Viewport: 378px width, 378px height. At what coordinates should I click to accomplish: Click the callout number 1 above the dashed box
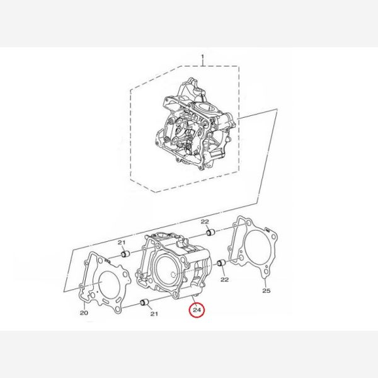point(202,57)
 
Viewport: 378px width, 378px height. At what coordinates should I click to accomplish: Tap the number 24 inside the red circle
point(197,310)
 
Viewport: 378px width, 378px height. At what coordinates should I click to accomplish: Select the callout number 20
point(84,313)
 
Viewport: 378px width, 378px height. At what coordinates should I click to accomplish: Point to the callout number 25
point(266,290)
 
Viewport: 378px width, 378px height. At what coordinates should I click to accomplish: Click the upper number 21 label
point(122,243)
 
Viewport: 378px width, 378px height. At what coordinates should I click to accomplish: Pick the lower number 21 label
point(154,314)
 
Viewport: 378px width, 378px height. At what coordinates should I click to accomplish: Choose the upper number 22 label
point(205,222)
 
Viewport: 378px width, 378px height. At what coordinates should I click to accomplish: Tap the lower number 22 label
point(224,279)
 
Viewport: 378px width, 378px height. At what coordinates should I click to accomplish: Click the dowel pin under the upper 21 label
point(125,254)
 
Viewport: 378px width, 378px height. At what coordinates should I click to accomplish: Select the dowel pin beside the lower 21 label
point(145,302)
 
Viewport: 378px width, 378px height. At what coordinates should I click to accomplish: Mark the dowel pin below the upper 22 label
point(211,232)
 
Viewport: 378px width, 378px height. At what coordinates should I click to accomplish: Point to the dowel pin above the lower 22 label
point(221,263)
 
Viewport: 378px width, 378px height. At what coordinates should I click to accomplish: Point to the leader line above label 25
point(265,282)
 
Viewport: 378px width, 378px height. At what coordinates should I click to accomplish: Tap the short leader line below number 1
point(203,62)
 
